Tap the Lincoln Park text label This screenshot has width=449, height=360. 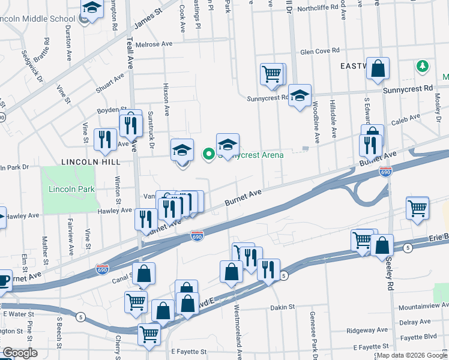[x=67, y=190]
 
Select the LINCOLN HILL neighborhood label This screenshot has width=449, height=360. [x=91, y=162]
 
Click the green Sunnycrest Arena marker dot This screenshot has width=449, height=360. [x=209, y=155]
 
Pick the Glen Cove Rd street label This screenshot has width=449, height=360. [x=320, y=52]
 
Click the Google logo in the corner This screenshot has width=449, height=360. [x=20, y=353]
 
